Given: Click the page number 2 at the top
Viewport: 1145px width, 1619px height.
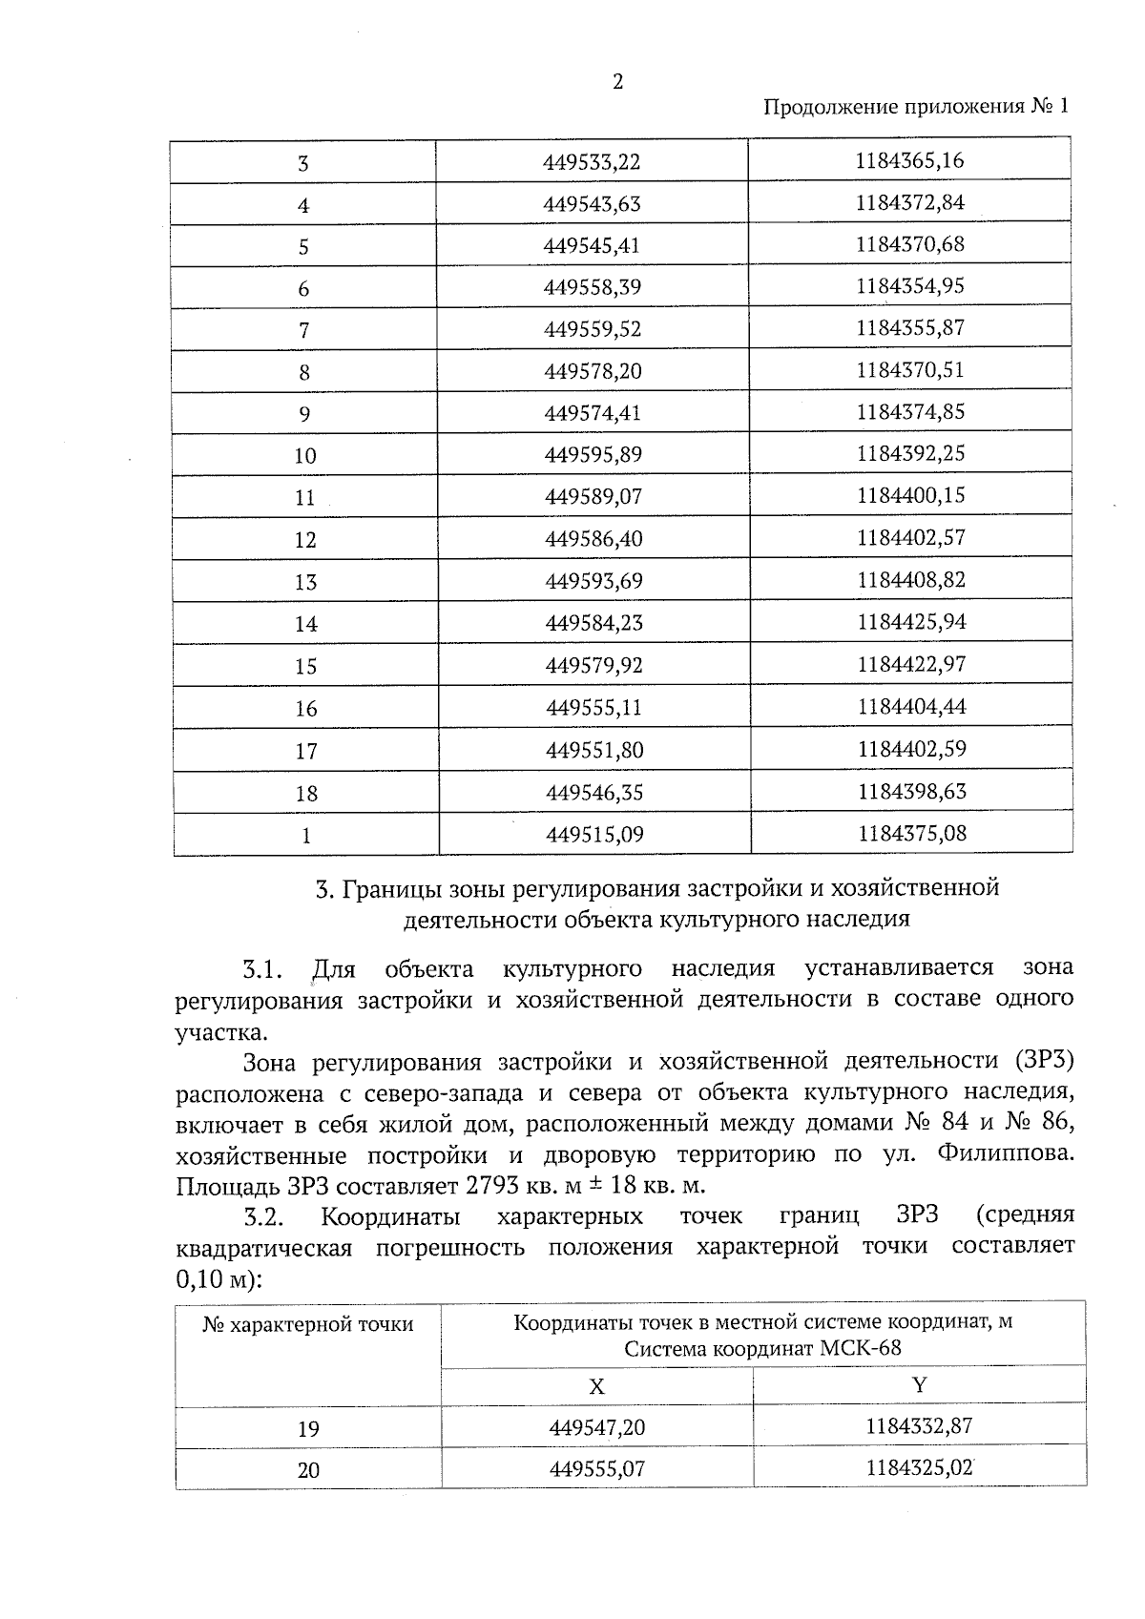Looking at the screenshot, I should pyautogui.click(x=617, y=83).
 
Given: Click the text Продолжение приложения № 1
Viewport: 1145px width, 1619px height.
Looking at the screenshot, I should pyautogui.click(x=916, y=107).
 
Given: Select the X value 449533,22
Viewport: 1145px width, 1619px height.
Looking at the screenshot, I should pyautogui.click(x=592, y=162).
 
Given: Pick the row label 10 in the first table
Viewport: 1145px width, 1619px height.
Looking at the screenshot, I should pyautogui.click(x=304, y=456).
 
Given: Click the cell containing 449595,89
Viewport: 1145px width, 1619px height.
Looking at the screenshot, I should pyautogui.click(x=593, y=455).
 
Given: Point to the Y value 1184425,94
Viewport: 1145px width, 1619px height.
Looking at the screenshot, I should pyautogui.click(x=911, y=622).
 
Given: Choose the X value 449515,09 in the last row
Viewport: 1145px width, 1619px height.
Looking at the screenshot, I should pyautogui.click(x=594, y=835).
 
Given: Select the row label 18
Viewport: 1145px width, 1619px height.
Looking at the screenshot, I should pyautogui.click(x=305, y=794).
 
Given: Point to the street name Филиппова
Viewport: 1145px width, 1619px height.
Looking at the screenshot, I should pyautogui.click(x=1005, y=1155).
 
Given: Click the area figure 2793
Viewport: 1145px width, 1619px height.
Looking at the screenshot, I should pyautogui.click(x=491, y=1187).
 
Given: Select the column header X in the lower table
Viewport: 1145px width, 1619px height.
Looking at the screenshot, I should pyautogui.click(x=596, y=1387).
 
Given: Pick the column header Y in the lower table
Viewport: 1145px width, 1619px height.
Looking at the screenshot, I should pyautogui.click(x=919, y=1385).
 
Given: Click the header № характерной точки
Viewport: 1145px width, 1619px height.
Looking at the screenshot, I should pyautogui.click(x=307, y=1325).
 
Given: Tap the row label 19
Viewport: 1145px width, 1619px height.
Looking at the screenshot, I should pyautogui.click(x=307, y=1429).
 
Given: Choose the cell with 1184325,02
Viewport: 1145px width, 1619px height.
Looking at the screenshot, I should pyautogui.click(x=919, y=1468).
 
